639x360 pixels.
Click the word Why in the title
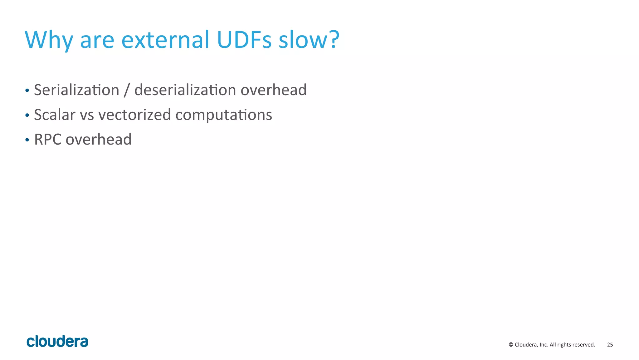coord(49,40)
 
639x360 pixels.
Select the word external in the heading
coord(165,40)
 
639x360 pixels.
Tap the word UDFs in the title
coord(244,40)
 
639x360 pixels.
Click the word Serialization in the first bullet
coord(77,90)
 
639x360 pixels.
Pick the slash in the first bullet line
coord(127,91)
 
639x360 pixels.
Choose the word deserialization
coord(185,90)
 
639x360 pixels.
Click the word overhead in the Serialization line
coord(274,90)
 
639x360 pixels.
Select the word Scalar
coord(55,115)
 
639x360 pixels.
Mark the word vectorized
coord(134,115)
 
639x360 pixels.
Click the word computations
coord(224,115)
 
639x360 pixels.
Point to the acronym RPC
coord(48,139)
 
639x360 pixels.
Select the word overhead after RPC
coord(99,139)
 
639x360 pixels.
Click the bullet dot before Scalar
coord(27,116)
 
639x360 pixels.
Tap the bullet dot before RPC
coord(27,140)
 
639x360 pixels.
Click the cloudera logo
coord(57,341)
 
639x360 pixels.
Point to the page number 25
coord(610,345)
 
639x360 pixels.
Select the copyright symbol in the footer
coord(511,345)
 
